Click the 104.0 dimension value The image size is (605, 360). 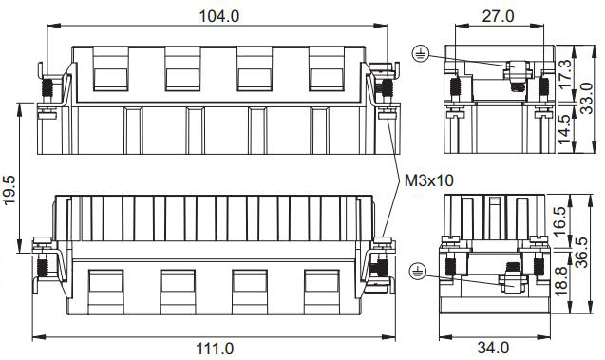click(x=218, y=16)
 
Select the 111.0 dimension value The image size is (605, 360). click(x=215, y=350)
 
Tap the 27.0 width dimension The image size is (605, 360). click(x=498, y=16)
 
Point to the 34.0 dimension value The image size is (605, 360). click(x=493, y=348)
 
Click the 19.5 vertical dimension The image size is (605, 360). click(x=9, y=190)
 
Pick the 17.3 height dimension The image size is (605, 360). click(x=565, y=74)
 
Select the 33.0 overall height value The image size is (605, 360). click(x=587, y=99)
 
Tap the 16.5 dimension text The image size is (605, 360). click(x=559, y=221)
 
